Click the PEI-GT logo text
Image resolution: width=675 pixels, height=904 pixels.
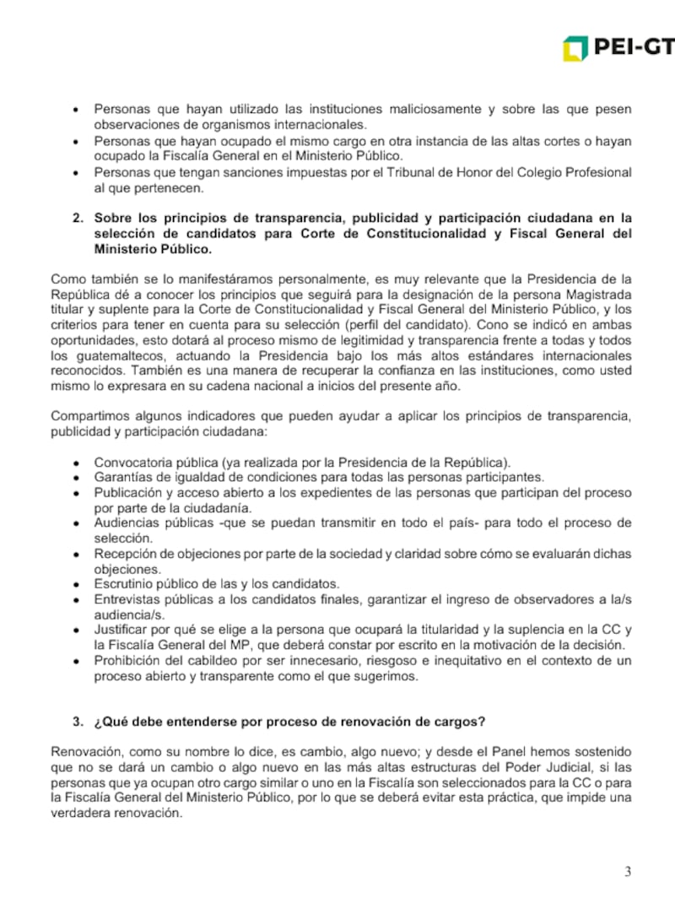(635, 48)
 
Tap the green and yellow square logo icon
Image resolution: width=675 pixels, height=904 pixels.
(575, 48)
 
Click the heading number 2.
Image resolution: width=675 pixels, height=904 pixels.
(76, 218)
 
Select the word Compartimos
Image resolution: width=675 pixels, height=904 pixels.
(87, 415)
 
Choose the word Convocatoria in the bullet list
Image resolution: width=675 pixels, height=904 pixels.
(133, 463)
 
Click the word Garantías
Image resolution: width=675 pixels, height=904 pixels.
(121, 478)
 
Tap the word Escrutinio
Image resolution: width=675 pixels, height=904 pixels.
(124, 584)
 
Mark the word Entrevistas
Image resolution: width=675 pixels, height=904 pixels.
(127, 599)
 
